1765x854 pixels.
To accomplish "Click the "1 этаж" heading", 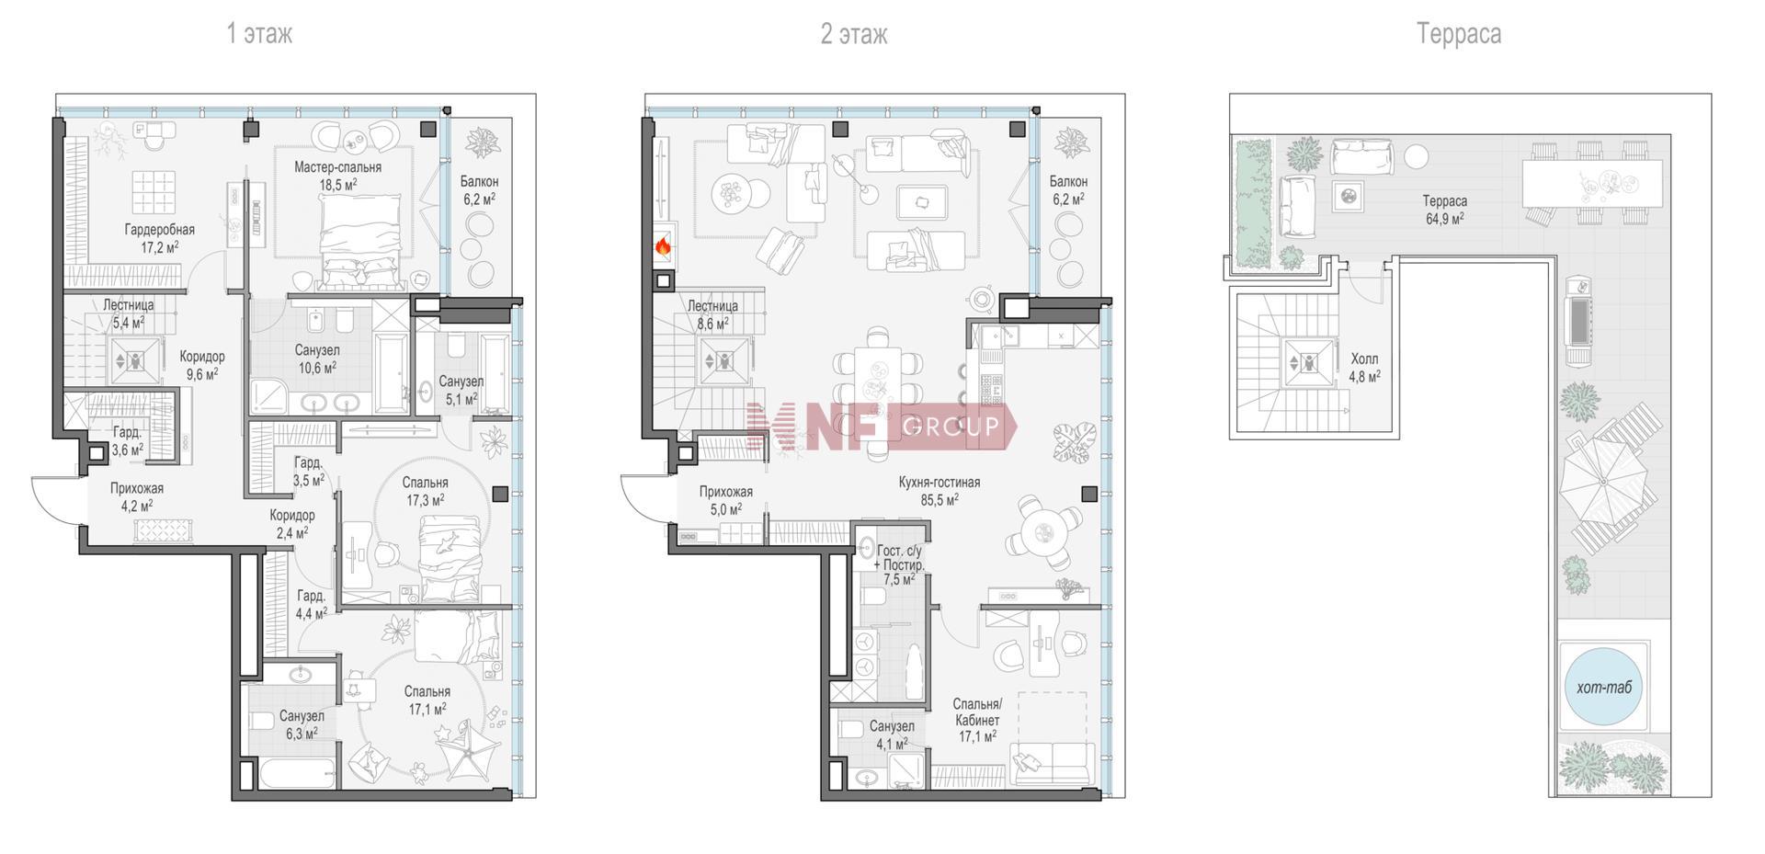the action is (x=259, y=35).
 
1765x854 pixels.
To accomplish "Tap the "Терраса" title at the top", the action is (x=1459, y=35).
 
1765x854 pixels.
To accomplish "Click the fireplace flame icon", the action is (x=663, y=245).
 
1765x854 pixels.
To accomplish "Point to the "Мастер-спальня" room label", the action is (x=337, y=167).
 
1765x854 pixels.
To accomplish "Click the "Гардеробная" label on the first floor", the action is (x=160, y=230).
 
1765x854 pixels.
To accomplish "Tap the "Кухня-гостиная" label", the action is (x=939, y=482).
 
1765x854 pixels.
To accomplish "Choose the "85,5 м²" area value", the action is (x=939, y=499).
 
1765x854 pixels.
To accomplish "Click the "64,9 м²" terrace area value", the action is (x=1444, y=218).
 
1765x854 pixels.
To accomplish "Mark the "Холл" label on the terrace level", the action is (x=1364, y=359).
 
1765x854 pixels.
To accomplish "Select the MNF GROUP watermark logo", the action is (x=882, y=427).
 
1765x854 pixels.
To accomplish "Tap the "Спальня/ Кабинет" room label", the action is (x=976, y=712).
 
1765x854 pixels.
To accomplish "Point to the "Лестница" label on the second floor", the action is (x=712, y=306).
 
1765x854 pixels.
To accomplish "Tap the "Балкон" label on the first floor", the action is (x=479, y=182).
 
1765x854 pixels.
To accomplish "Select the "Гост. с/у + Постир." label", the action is (x=899, y=558).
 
